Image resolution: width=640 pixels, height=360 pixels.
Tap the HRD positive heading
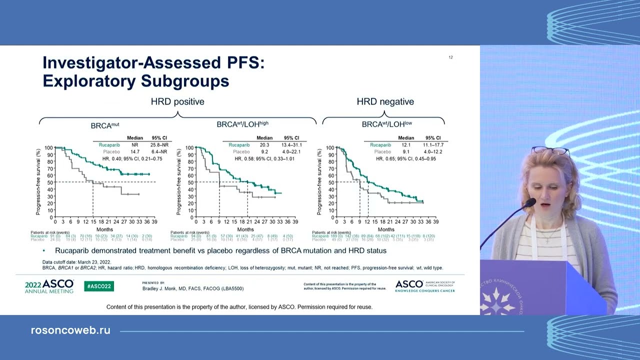[177, 101]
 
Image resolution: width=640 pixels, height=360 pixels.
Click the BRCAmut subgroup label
[105, 124]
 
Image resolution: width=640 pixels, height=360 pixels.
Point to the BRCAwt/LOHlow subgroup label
[386, 124]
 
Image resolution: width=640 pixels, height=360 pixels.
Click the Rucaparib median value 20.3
[264, 145]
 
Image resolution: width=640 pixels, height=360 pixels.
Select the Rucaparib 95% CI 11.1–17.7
[433, 145]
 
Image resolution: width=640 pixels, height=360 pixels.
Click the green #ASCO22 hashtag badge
[99, 286]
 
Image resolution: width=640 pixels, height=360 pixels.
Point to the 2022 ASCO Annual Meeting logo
[49, 286]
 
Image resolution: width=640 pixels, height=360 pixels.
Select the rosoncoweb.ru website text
[70, 330]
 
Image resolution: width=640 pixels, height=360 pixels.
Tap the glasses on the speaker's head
[549, 150]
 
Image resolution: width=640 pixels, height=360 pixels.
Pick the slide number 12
[450, 57]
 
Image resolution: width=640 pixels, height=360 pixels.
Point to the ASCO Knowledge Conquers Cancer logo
[425, 286]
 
